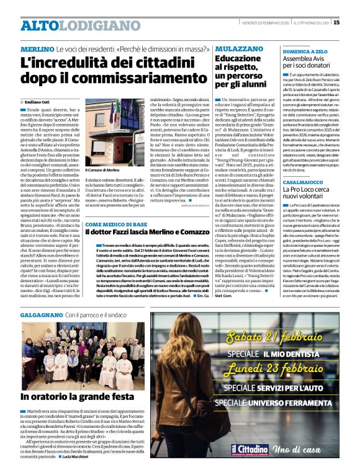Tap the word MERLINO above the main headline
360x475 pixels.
pos(37,48)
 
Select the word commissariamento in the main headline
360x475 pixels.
pos(106,79)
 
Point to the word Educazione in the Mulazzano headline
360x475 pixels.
pos(238,59)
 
